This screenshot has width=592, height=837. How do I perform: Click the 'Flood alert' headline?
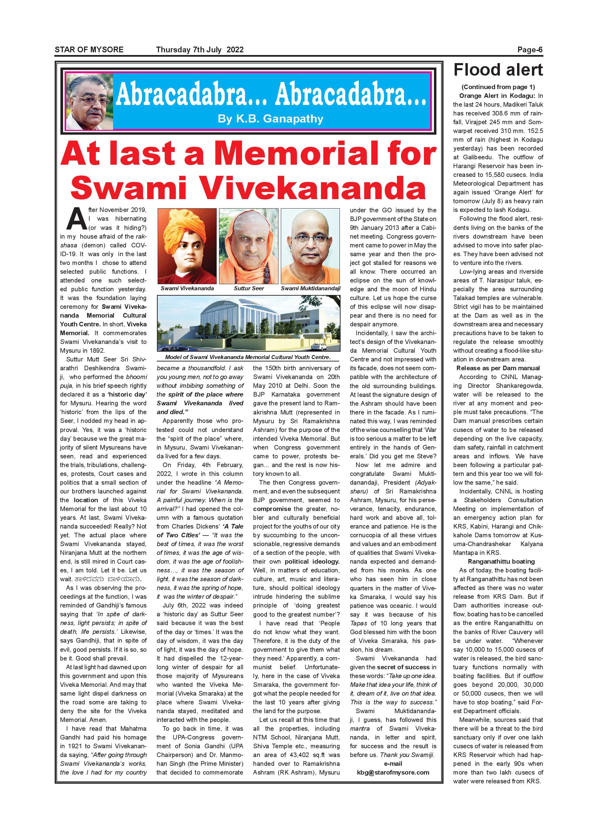coord(498,70)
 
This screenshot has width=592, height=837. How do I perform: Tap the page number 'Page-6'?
coord(530,50)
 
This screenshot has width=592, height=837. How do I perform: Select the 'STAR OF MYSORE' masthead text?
coord(89,50)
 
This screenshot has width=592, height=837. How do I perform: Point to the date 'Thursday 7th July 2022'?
coord(200,50)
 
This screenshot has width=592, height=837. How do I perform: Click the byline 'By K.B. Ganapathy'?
coord(270,119)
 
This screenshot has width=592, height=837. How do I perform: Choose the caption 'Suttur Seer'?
coord(249,288)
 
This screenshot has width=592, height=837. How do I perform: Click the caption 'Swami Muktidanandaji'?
coord(311,288)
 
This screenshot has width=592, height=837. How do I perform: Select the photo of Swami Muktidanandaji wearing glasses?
coord(311,246)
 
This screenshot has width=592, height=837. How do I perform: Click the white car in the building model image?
coord(320,345)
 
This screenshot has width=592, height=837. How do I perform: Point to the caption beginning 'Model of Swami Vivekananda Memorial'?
coord(248,357)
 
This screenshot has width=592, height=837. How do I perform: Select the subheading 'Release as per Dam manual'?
coord(498,368)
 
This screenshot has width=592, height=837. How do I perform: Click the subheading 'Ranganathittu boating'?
coord(498,561)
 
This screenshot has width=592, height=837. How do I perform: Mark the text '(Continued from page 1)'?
coord(498,87)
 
